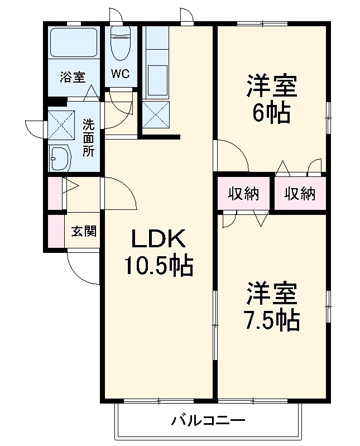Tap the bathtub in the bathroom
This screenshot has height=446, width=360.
74,42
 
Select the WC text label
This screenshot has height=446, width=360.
121,74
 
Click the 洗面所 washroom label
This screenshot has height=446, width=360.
89,137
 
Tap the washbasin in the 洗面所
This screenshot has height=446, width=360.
60,158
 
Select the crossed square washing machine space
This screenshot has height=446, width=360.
61,124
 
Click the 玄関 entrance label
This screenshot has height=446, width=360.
84,231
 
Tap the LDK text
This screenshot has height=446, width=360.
157,239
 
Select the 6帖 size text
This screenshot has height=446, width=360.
271,113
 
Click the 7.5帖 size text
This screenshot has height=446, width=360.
271,319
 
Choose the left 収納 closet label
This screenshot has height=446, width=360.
244,194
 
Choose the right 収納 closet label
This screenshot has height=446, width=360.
300,194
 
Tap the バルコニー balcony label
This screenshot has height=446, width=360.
208,420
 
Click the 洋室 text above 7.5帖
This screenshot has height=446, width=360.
271,292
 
